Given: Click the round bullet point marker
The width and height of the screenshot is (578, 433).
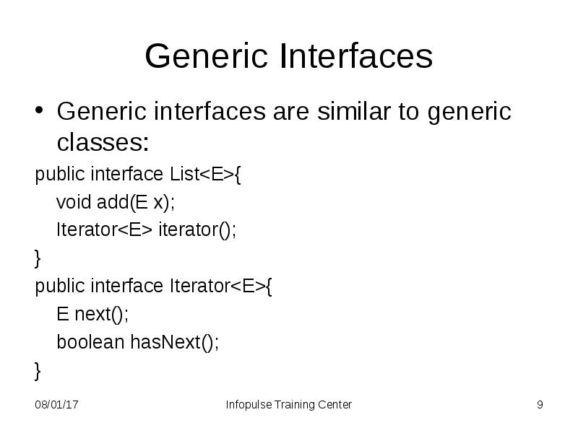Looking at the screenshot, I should point(40,113).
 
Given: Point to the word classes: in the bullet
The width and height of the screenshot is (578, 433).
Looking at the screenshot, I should point(103,143).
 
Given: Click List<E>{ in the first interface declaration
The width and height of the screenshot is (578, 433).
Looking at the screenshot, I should point(204,175).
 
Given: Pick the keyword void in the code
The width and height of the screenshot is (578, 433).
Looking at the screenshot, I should point(74,203).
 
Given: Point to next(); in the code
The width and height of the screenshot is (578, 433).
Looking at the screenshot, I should point(101,315).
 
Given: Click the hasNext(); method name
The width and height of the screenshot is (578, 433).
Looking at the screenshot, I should point(174,342).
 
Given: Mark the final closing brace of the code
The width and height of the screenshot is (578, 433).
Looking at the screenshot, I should point(38,371).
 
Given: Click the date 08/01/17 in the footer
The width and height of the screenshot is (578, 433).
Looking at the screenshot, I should point(56,405).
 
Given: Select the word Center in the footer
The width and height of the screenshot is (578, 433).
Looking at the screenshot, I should point(335,405).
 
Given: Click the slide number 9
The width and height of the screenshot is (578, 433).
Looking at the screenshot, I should point(540,405).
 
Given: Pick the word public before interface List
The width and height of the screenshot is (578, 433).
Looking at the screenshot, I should point(61,175).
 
